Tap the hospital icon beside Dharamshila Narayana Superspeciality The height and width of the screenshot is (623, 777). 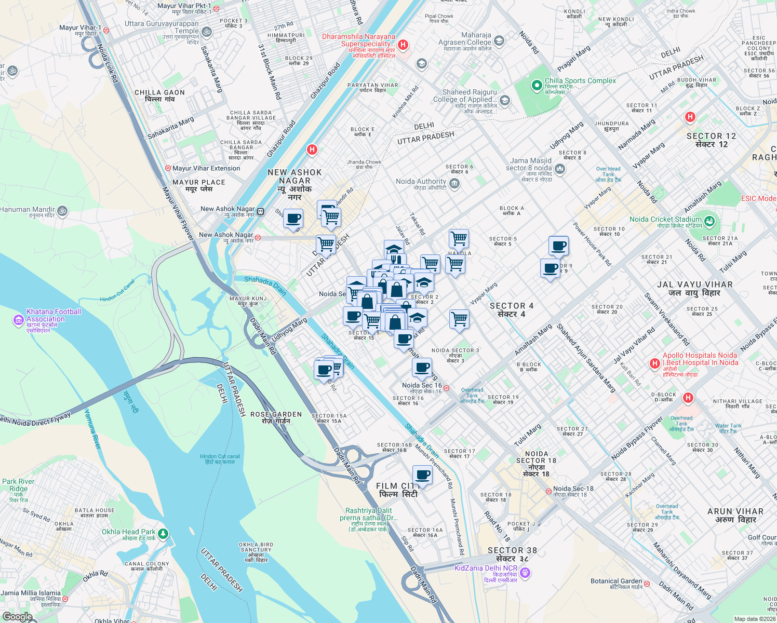point(403,45)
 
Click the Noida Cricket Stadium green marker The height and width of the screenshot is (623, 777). point(709,221)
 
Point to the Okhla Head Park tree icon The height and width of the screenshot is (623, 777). point(163,533)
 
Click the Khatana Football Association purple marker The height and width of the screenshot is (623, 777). point(19,320)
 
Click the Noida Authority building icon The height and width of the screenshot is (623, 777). point(454,183)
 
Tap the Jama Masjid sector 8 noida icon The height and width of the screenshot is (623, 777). point(560,168)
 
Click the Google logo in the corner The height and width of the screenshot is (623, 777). point(17,616)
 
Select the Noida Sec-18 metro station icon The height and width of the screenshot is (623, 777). point(548,491)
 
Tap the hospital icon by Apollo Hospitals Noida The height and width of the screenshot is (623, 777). point(654,363)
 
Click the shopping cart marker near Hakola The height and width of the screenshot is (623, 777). point(459,239)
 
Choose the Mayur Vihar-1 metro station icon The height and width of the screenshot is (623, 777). point(106,30)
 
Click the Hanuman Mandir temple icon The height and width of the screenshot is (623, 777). point(62,211)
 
